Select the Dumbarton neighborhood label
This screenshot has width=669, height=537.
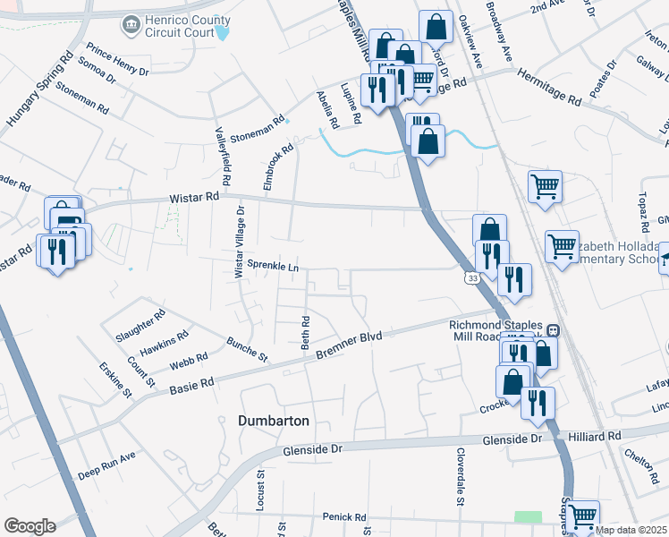click(x=274, y=420)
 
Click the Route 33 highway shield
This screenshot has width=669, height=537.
click(x=470, y=279)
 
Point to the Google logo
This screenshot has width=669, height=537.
click(x=30, y=526)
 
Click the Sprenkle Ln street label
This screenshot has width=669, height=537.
click(x=273, y=266)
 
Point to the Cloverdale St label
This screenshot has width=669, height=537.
click(x=461, y=475)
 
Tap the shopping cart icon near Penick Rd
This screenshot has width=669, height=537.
click(x=582, y=516)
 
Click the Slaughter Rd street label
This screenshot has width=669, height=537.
click(x=141, y=327)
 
